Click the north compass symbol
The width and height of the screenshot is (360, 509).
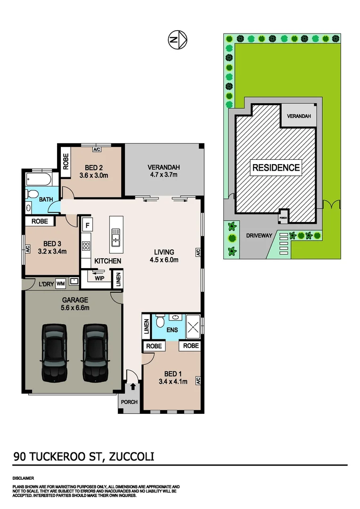point(178,40)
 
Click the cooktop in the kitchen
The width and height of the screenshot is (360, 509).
point(86,246)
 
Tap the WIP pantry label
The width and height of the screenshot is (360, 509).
point(99,278)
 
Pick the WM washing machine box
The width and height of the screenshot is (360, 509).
point(61,283)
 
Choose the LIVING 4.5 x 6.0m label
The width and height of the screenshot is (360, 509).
point(164,255)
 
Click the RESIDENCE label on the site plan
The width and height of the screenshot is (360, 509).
point(276,167)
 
